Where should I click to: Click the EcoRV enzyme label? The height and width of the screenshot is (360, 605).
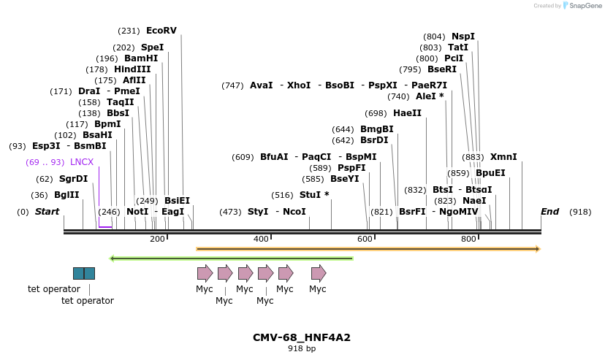point(161,31)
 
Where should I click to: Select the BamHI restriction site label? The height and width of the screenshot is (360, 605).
point(140,58)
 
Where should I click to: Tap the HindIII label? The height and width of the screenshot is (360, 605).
point(132,69)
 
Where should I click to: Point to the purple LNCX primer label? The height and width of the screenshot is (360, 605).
point(82,162)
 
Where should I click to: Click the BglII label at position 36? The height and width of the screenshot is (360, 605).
point(66,195)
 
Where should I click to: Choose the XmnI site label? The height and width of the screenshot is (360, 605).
point(503,157)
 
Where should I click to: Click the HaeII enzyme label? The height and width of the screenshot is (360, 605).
point(407,113)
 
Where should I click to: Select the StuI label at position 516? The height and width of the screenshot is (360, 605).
point(314,195)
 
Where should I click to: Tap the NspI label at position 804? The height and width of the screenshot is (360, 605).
point(463,37)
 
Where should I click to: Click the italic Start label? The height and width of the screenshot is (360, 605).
point(47,212)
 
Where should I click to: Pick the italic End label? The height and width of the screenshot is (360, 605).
point(549,212)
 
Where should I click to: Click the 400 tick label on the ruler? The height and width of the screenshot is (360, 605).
point(261,240)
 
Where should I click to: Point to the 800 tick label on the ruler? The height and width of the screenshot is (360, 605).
point(468,240)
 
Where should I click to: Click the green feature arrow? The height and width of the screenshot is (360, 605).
point(231,258)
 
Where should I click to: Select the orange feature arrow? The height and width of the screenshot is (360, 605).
point(368,249)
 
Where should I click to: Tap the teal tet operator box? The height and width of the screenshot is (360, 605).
point(84,273)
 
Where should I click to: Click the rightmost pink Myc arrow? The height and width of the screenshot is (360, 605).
point(319,273)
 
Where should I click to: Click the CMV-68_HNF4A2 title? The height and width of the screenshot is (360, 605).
point(302,337)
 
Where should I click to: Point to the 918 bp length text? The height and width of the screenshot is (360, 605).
point(302,349)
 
